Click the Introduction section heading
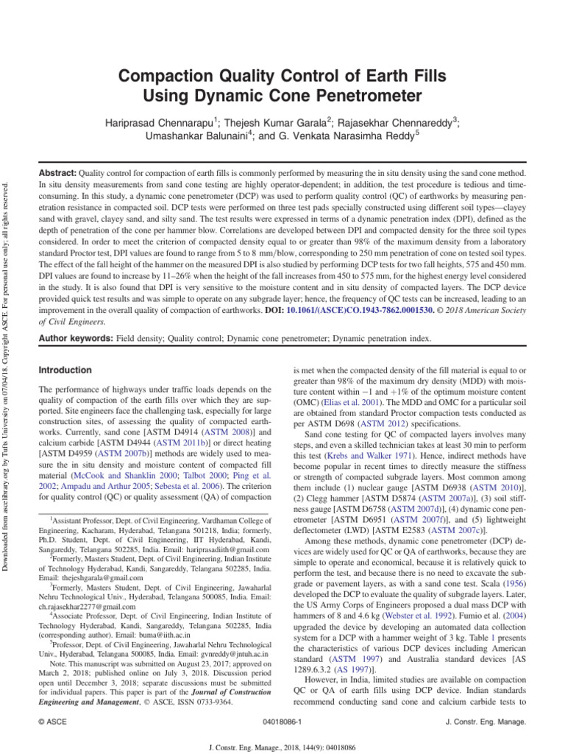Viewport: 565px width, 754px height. pos(65,370)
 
